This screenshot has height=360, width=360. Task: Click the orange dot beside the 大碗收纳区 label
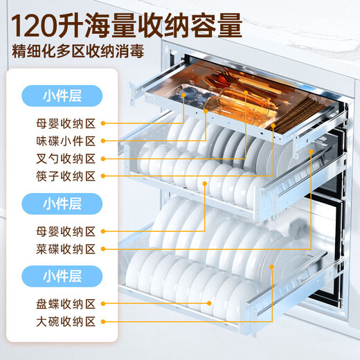click(102, 321)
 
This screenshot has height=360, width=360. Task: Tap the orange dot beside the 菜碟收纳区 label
click(102, 248)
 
